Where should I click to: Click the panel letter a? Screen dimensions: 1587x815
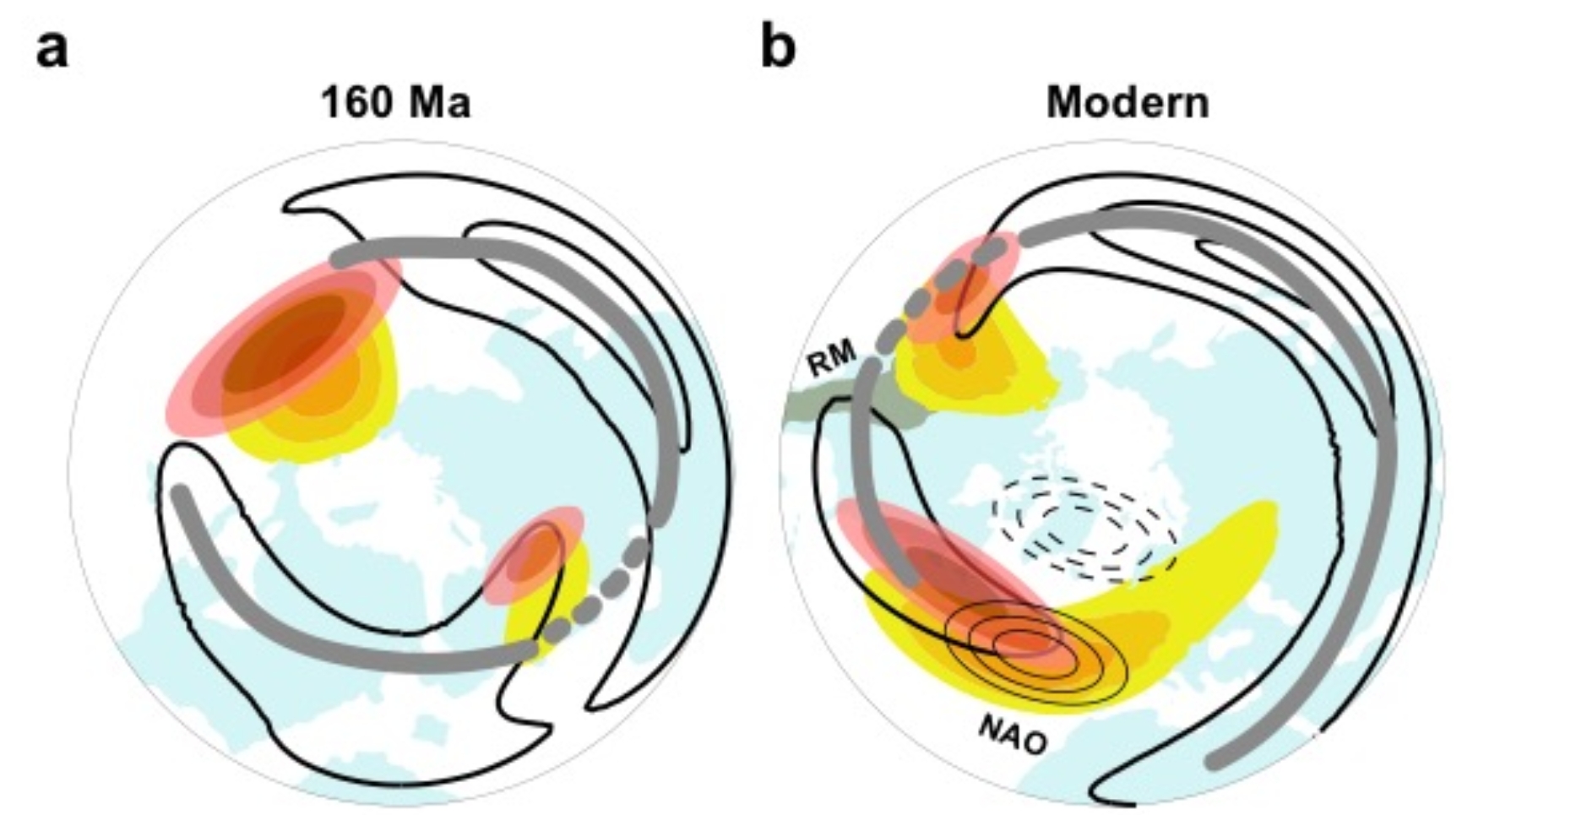point(52,48)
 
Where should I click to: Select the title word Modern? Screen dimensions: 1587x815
point(1128,103)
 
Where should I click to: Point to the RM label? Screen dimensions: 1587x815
point(832,357)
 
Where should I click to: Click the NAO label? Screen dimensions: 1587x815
point(1014,734)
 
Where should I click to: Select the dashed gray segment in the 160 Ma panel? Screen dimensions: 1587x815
point(596,595)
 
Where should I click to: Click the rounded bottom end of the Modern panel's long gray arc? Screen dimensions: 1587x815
point(1215,761)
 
